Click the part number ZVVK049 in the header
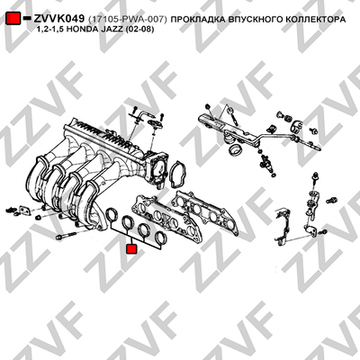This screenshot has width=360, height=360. [58, 19]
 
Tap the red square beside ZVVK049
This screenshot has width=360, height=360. [13, 19]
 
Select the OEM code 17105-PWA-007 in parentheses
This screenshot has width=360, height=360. [128, 20]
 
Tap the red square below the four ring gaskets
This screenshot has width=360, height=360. [131, 248]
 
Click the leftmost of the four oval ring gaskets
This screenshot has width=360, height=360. [112, 214]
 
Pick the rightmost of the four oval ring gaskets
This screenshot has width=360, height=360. [160, 238]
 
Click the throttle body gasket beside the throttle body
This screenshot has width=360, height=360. [178, 175]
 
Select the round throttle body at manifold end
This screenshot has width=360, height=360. [157, 168]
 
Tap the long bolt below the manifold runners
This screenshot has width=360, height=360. [67, 236]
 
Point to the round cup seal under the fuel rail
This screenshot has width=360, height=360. [234, 150]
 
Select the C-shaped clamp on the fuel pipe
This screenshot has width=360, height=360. [297, 125]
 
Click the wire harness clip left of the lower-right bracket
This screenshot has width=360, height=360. [282, 224]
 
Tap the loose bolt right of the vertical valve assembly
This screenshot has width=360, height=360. [332, 199]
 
